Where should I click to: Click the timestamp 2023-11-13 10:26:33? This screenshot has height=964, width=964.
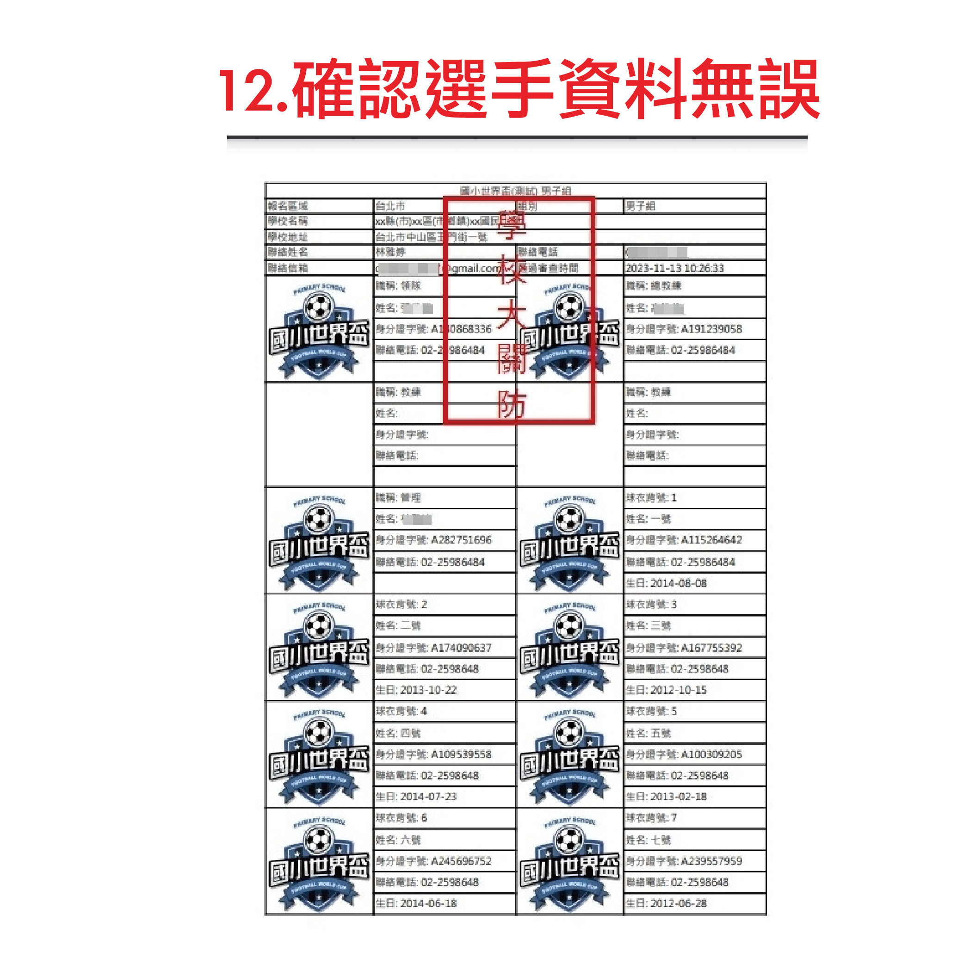point(674,268)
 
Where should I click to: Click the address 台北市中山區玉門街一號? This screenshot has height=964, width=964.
point(431,237)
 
